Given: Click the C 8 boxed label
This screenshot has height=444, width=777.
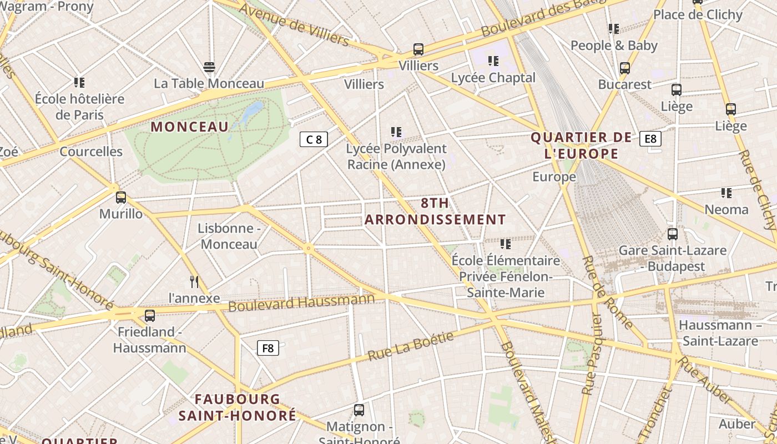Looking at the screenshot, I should pyautogui.click(x=314, y=139).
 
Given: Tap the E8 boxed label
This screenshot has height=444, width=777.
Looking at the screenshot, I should pyautogui.click(x=650, y=138).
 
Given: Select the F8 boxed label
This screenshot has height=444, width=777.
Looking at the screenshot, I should pyautogui.click(x=268, y=348).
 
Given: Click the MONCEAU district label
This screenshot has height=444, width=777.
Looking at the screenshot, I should pyautogui.click(x=190, y=127).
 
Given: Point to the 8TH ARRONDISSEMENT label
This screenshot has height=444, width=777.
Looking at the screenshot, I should pyautogui.click(x=435, y=211).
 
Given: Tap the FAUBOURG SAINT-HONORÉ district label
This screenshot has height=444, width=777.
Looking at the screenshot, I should pyautogui.click(x=238, y=407).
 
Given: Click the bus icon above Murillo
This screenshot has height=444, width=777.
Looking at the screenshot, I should pyautogui.click(x=121, y=197).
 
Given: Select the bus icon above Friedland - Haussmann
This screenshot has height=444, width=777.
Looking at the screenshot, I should pyautogui.click(x=150, y=315).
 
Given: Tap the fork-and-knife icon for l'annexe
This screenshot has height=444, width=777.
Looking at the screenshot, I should pyautogui.click(x=194, y=282).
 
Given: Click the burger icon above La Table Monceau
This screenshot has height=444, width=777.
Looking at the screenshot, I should pyautogui.click(x=209, y=67).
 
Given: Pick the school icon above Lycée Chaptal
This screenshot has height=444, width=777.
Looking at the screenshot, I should pyautogui.click(x=493, y=61).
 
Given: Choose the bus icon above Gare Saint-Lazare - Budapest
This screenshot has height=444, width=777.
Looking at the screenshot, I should pyautogui.click(x=673, y=234).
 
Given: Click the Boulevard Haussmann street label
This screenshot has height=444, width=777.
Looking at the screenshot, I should pyautogui.click(x=301, y=302).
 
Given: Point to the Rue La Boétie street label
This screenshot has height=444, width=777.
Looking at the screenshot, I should pyautogui.click(x=410, y=346).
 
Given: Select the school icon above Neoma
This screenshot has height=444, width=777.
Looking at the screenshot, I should pyautogui.click(x=726, y=193).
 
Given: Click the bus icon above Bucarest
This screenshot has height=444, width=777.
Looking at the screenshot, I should pyautogui.click(x=625, y=68).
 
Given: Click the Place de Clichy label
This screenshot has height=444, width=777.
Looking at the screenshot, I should pyautogui.click(x=698, y=14).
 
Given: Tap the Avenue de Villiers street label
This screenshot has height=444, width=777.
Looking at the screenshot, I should pyautogui.click(x=294, y=25).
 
